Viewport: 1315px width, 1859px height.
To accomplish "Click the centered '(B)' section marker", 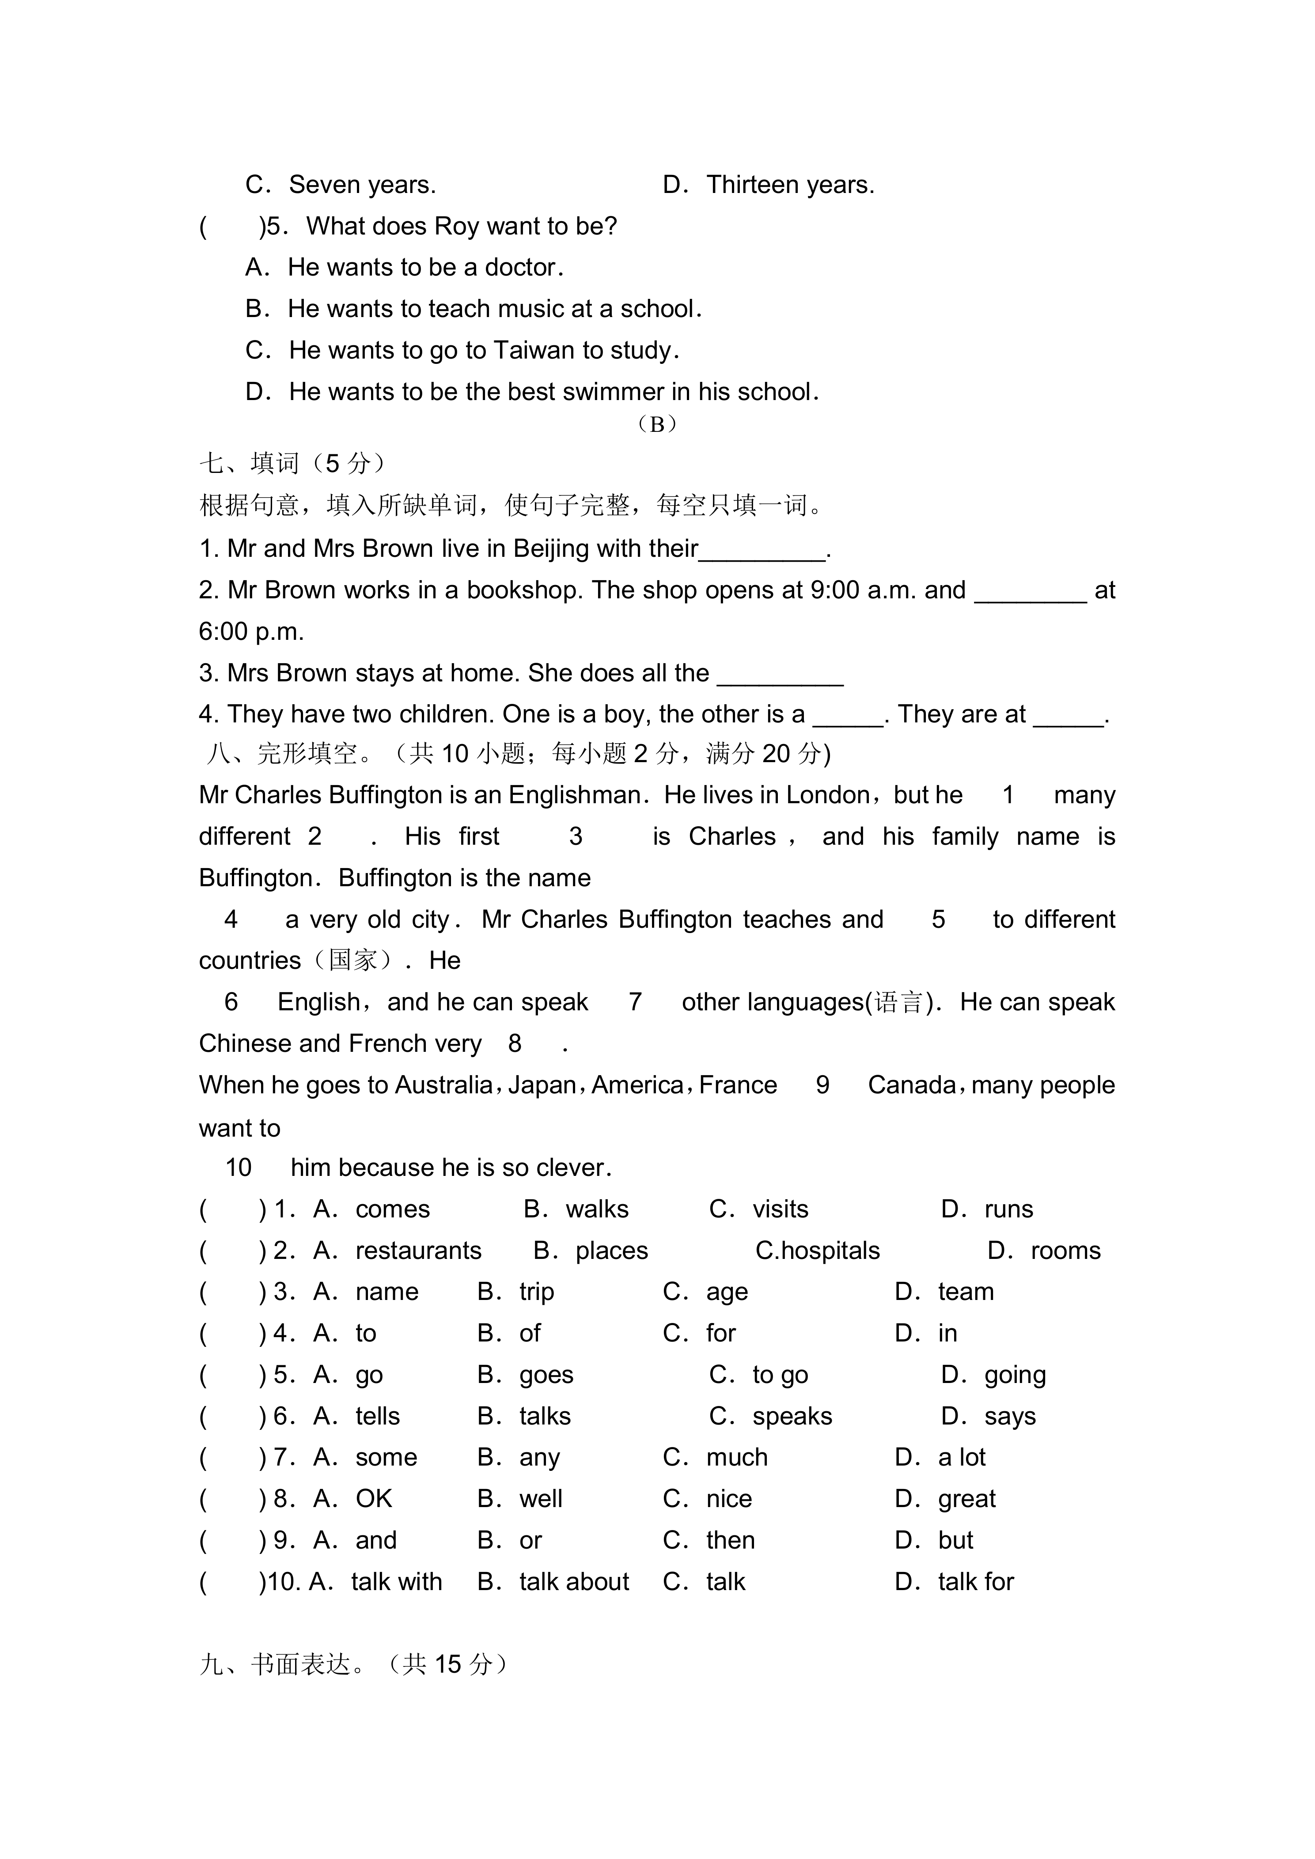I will (x=657, y=424).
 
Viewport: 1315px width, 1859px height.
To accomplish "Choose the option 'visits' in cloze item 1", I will (x=780, y=1209).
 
